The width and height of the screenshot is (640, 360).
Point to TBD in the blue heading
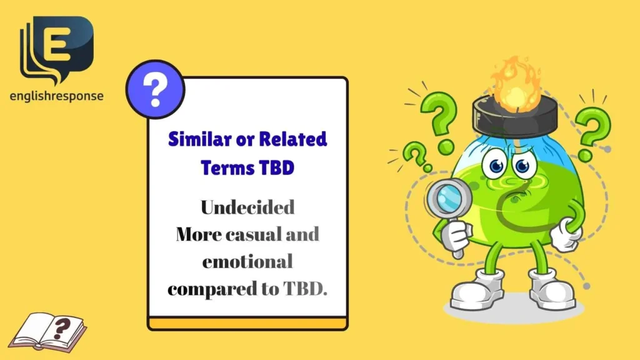(x=275, y=167)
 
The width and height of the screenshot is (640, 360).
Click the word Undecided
(x=247, y=207)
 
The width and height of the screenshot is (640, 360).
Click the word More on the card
(x=199, y=234)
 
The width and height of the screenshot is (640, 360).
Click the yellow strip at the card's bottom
(x=247, y=324)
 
